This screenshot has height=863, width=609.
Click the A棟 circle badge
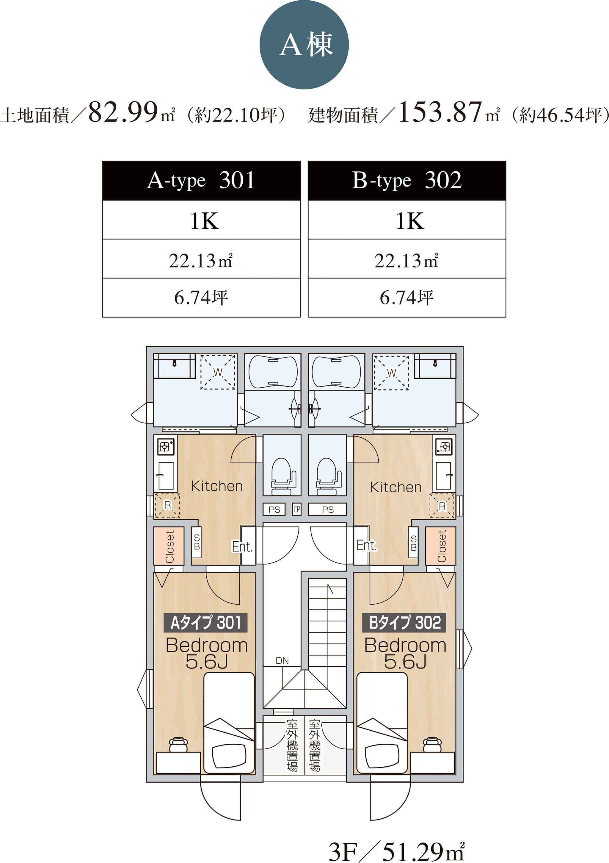pyautogui.click(x=304, y=45)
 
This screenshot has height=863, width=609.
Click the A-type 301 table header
pyautogui.click(x=201, y=180)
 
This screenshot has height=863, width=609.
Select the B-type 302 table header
pyautogui.click(x=407, y=180)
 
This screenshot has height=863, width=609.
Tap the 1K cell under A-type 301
pyautogui.click(x=201, y=220)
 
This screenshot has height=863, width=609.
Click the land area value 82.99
pyautogui.click(x=123, y=112)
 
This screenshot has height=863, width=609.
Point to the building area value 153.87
pyautogui.click(x=440, y=112)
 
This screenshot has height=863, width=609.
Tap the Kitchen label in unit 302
pyautogui.click(x=395, y=487)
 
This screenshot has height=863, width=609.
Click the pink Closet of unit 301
pyautogui.click(x=169, y=546)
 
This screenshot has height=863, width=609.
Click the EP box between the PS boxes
pyautogui.click(x=297, y=509)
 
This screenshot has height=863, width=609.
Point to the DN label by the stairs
pyautogui.click(x=282, y=661)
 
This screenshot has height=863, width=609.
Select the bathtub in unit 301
pyautogui.click(x=273, y=372)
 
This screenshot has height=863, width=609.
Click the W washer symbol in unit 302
pyautogui.click(x=391, y=373)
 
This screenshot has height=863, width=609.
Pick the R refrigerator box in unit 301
pyautogui.click(x=167, y=505)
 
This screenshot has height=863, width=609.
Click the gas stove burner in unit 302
pyautogui.click(x=444, y=447)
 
